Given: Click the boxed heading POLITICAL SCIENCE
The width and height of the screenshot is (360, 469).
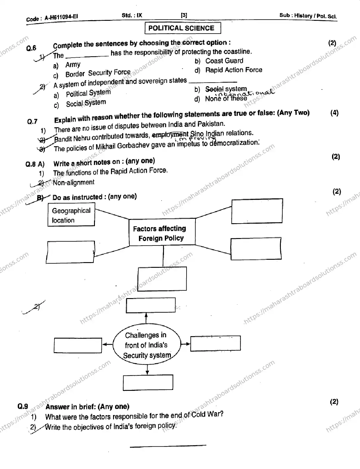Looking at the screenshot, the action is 183,28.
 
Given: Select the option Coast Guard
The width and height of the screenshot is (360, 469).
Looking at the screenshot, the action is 224,61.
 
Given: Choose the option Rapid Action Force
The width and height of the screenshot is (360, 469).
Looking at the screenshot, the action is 234,70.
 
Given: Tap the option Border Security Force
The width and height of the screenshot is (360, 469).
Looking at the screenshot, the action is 98,73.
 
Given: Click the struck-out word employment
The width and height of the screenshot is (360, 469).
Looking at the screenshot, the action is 170,134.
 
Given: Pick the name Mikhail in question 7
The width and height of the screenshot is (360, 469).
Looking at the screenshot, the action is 105,147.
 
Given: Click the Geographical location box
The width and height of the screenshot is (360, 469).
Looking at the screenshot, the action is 71,215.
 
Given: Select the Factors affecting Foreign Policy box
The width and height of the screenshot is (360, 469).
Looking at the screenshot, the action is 162,232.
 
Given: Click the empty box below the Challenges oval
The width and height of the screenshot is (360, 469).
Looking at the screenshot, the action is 148,383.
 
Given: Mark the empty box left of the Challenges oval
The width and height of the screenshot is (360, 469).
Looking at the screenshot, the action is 78,345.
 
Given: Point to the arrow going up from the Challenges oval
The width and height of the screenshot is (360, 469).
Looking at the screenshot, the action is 146,318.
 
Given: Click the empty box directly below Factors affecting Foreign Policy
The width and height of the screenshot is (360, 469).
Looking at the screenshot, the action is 162,279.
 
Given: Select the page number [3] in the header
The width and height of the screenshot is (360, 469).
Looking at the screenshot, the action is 184,15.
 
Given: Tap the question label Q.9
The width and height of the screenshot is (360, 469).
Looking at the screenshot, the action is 23,407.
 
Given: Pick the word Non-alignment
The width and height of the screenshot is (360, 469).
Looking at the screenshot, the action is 74,182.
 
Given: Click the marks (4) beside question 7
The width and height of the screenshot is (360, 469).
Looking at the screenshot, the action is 334,113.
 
